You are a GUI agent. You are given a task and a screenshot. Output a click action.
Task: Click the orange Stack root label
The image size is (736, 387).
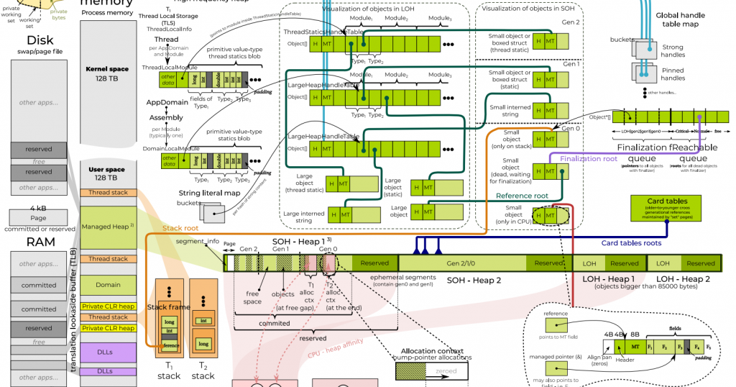coord(183,227)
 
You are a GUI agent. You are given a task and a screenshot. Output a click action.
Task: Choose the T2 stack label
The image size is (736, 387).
coord(203,370)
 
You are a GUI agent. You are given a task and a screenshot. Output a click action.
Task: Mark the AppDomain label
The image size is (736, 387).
coord(166,103)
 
